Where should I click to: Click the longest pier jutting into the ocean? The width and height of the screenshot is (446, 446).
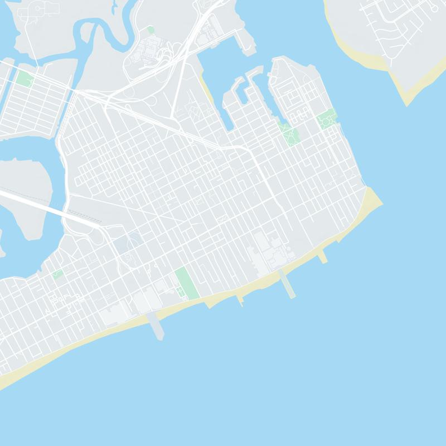click(288, 284)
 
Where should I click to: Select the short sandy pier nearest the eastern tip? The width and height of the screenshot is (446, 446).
click(323, 256)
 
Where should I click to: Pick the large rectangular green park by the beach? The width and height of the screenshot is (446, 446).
click(186, 283)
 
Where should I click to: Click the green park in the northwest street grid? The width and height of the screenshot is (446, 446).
click(25, 78)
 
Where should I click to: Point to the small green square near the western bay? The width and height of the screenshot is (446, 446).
click(57, 274)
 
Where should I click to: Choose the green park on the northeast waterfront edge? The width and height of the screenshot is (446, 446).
click(327, 119)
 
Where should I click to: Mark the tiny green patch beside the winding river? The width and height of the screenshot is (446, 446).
click(151, 30)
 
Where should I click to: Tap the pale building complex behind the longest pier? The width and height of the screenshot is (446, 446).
click(268, 251)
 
